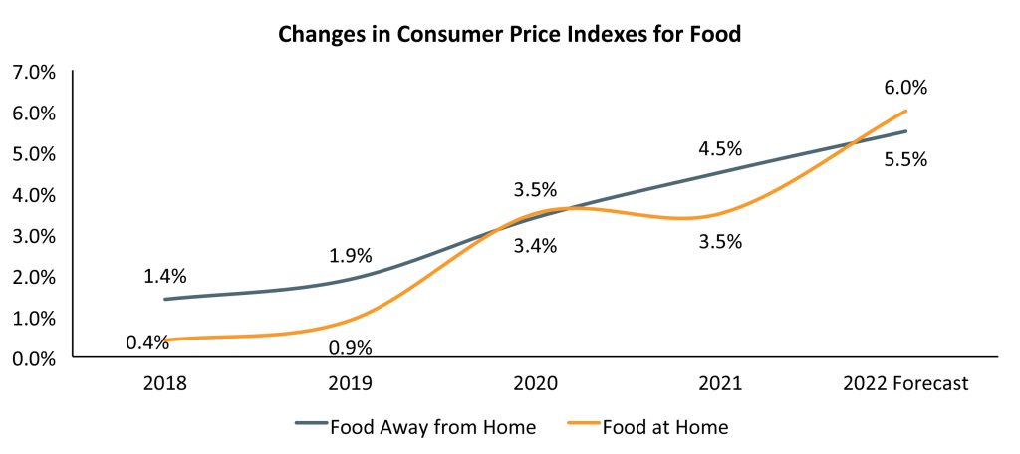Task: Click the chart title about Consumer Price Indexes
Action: pos(509,35)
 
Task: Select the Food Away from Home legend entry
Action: pos(416,427)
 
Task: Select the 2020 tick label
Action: pos(535,383)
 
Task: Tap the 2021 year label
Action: pos(719,383)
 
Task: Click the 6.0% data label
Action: pos(905,88)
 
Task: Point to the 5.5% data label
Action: pos(905,159)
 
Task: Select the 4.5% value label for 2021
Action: pos(720,149)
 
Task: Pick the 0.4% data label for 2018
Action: pos(146,342)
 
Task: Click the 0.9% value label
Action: pos(350,348)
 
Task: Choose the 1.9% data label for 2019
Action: pos(350,256)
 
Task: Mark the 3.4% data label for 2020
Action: pos(535,246)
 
